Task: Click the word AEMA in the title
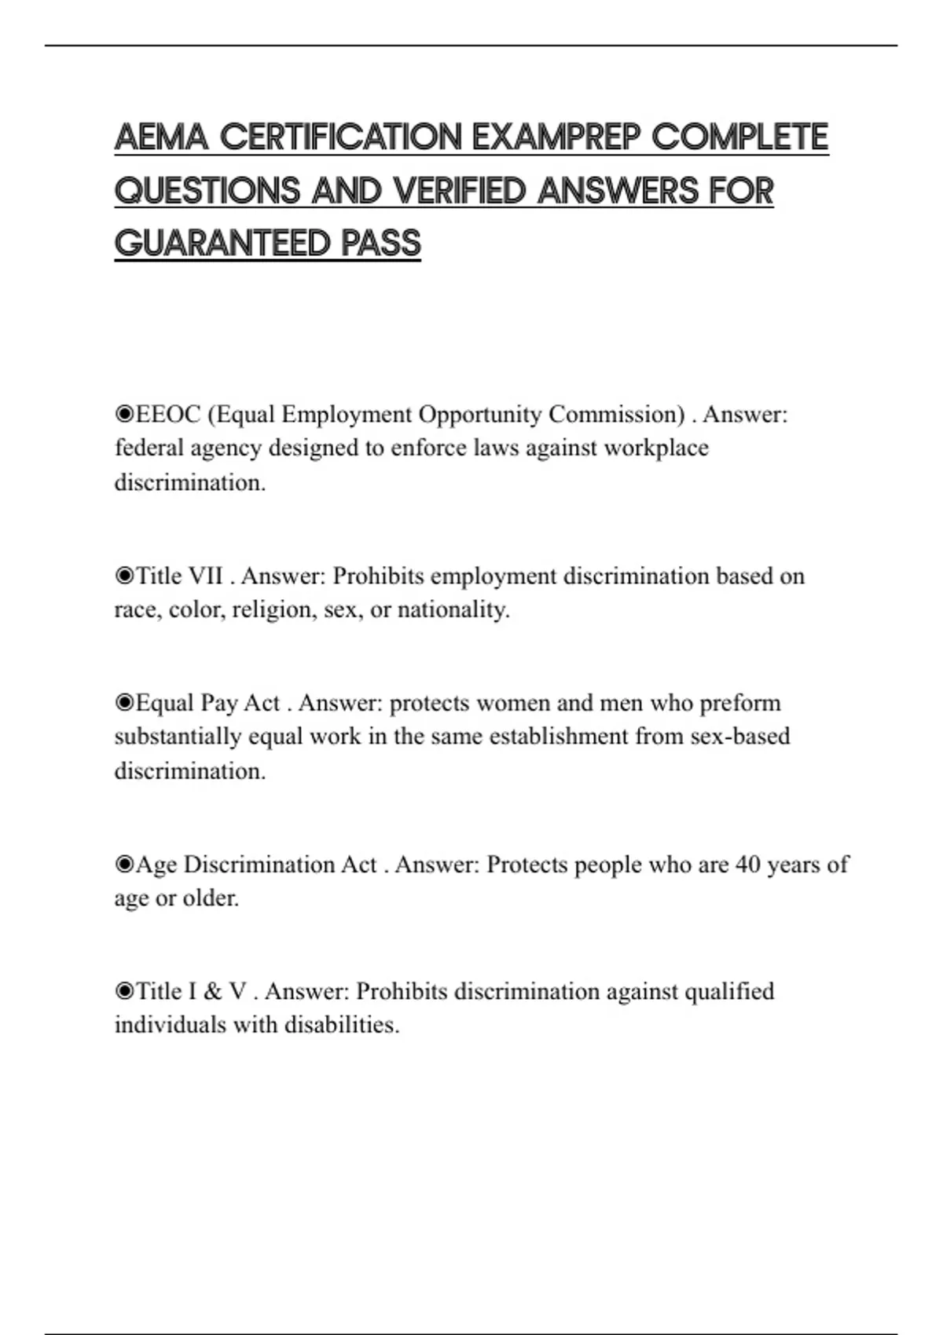click(x=161, y=137)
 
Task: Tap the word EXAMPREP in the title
click(x=556, y=137)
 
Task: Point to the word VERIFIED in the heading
click(x=459, y=191)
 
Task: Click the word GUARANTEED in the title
click(x=222, y=243)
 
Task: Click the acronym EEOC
click(x=168, y=414)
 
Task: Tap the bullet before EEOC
click(x=124, y=414)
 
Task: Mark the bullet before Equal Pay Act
click(x=124, y=702)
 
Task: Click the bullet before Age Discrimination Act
click(x=124, y=865)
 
